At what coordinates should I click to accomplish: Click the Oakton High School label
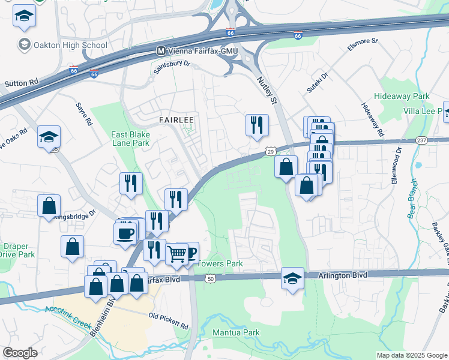70,45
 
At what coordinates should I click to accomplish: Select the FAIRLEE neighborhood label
176,120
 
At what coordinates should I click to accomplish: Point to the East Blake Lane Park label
130,139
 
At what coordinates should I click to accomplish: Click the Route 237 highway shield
421,140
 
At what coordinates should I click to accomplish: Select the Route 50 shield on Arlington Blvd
209,278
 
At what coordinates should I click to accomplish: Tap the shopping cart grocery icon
176,254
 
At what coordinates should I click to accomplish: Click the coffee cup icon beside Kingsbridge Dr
125,233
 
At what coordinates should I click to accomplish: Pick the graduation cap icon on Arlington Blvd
292,278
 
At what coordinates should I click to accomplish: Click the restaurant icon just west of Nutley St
257,125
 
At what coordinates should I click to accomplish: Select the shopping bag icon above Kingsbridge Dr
49,206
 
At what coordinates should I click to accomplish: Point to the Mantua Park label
239,332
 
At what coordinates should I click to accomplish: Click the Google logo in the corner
20,353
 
